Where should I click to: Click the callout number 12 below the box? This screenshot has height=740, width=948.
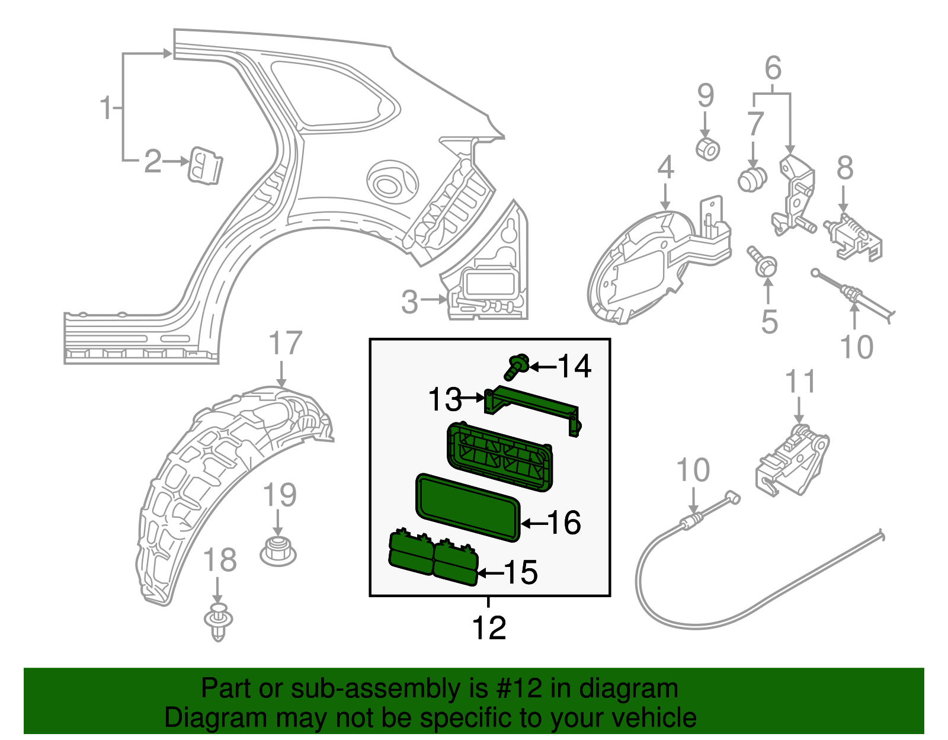pos(489,629)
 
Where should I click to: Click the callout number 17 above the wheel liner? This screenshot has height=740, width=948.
pos(285,344)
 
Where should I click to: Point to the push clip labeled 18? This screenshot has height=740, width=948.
pos(218,622)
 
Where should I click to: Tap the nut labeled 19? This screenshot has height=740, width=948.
pos(278,550)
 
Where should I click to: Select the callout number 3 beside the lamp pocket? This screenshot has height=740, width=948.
pos(409,302)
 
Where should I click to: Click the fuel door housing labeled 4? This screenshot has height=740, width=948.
pos(640,267)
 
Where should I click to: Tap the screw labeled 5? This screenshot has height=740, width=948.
pos(762,262)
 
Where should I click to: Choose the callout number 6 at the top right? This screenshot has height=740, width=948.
pos(773,69)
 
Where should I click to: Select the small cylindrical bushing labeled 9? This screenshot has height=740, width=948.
pos(707,149)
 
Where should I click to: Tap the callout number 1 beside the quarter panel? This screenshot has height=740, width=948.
pos(106,108)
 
